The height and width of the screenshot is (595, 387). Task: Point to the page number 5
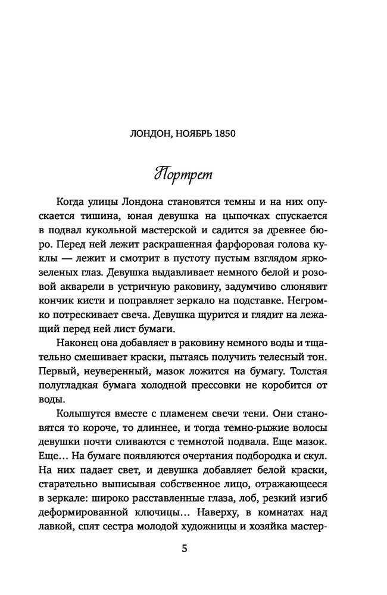coord(185,549)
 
